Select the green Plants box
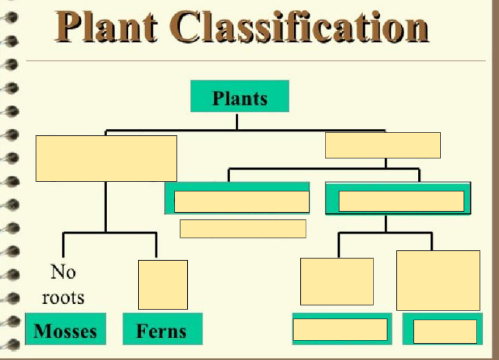point(239,97)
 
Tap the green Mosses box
point(66,329)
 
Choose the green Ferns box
point(162,329)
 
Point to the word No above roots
point(63,272)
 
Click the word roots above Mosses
point(63,297)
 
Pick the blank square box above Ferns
point(163,285)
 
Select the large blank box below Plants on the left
point(106,158)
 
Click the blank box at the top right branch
point(382,145)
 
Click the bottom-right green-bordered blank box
point(444,331)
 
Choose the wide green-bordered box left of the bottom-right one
point(340,329)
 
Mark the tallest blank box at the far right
point(438,280)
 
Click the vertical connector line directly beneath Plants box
point(237,121)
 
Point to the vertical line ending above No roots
point(63,245)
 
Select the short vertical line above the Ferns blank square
point(157,245)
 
